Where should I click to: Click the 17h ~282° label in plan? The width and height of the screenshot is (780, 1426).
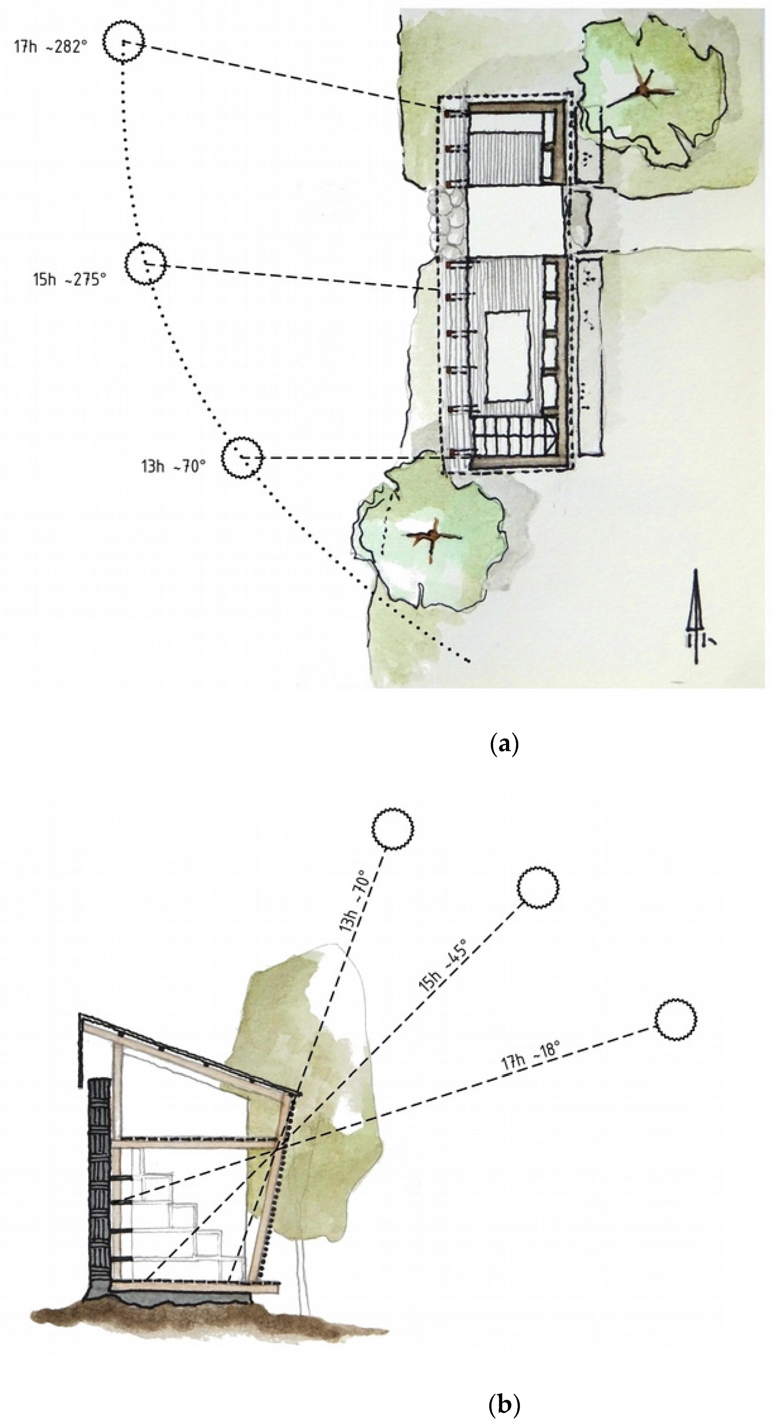51,46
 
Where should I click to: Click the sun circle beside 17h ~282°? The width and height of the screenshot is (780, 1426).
125,42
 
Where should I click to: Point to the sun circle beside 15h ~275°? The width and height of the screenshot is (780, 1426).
145,264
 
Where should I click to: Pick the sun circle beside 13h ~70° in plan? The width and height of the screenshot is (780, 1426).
242,457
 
